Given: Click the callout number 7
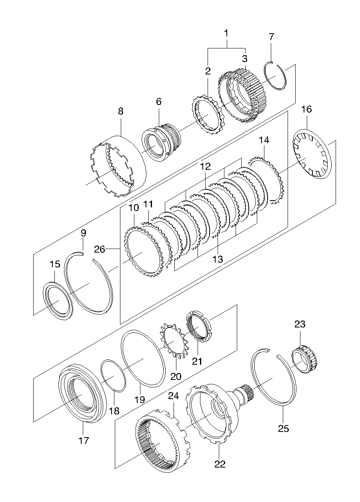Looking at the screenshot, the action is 271,37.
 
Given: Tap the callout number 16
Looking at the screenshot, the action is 306,109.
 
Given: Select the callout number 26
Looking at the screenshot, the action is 100,249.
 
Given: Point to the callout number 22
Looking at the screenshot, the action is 220,464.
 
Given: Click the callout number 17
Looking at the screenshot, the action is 84,441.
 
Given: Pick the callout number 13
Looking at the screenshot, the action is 218,259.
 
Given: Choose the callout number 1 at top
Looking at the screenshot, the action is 226,33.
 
